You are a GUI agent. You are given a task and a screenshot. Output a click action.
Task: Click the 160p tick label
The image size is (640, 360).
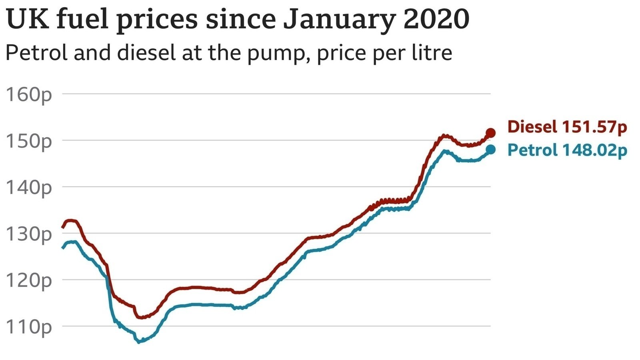coord(29,95)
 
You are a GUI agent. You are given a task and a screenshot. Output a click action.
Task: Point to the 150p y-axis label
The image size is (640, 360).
coord(29,142)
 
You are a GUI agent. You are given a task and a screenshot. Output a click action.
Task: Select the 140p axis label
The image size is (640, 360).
coord(29,188)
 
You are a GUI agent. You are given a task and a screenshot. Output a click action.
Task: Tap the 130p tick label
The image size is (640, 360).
coord(29,234)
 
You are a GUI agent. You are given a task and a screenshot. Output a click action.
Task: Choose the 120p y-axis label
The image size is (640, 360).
coord(29,281)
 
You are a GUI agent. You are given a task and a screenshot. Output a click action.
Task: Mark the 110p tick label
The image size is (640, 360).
coord(29,327)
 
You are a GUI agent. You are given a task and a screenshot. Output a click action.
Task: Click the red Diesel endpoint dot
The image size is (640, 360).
coord(490,133)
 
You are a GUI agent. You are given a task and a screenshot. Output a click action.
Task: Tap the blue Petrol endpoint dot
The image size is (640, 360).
coord(490,150)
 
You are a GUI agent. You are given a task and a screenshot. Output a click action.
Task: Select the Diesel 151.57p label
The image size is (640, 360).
coord(567,127)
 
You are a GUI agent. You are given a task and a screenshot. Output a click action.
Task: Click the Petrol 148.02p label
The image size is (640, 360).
coord(567,150)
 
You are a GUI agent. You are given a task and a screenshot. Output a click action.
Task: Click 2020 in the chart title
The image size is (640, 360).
coord(436,19)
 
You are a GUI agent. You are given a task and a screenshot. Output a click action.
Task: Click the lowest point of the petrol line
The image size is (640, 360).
coord(139,342)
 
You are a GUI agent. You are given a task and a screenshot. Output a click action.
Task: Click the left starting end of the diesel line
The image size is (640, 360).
coord(62,228)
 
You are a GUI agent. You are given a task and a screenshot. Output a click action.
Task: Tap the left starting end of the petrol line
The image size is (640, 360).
coord(62,248)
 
